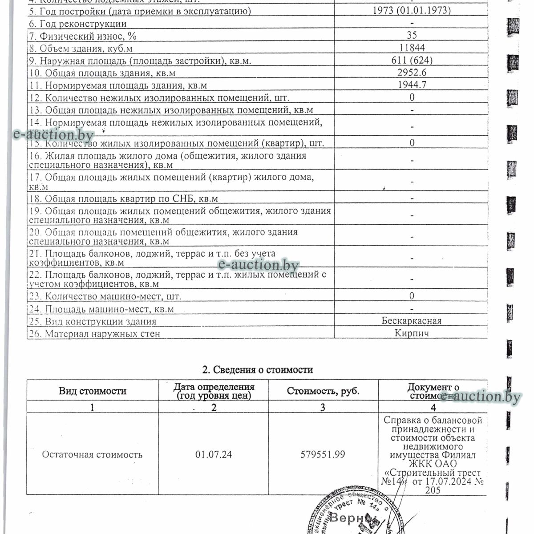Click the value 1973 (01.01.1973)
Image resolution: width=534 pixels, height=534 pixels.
(412, 11)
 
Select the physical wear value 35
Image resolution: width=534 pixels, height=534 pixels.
(412, 35)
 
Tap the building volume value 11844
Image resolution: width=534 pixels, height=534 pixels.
(412, 48)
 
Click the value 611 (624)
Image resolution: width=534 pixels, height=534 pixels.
(412, 60)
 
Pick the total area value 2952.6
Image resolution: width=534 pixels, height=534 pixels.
(412, 73)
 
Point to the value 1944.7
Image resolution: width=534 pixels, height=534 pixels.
(412, 85)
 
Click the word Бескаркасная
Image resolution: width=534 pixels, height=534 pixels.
(412, 321)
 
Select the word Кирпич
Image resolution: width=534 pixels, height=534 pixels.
(412, 333)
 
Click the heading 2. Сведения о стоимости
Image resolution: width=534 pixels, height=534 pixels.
(257, 370)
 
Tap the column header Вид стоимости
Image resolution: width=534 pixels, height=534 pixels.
(93, 391)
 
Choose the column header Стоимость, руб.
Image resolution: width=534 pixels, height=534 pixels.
(323, 391)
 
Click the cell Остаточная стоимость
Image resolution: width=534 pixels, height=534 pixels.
(92, 454)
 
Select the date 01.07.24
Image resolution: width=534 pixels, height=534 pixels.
(214, 454)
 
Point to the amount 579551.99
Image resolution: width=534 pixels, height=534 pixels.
(323, 454)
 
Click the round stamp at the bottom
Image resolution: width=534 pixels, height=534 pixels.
(352, 512)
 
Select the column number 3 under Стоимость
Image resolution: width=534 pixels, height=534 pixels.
(323, 407)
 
